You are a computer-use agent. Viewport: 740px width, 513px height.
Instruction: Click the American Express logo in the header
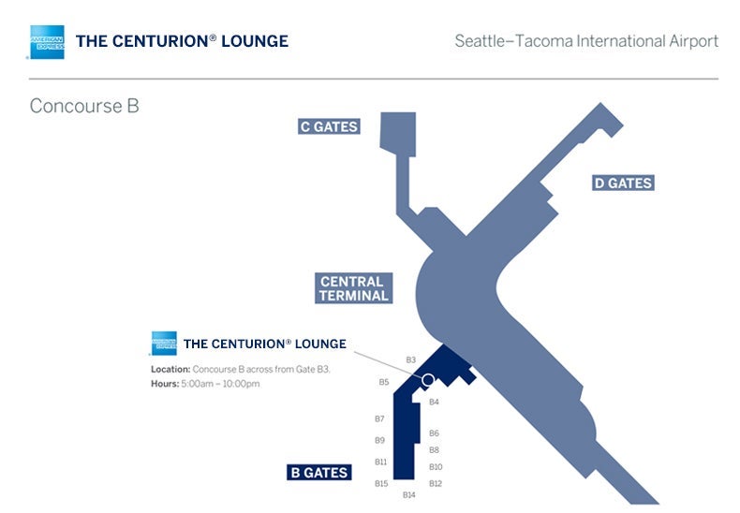[47, 42]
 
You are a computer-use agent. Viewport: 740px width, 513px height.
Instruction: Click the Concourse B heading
[84, 106]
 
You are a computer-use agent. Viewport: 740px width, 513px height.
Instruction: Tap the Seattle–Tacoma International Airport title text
[586, 41]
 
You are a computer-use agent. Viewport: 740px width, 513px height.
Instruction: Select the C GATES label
[329, 126]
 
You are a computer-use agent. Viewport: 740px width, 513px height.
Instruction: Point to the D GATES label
[622, 183]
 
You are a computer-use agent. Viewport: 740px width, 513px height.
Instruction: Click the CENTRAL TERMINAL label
[353, 288]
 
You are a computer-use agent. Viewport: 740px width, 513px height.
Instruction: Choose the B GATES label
[318, 473]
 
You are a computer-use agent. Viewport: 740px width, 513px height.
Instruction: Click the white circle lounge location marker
[428, 380]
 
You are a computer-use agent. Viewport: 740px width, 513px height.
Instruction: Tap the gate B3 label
[410, 359]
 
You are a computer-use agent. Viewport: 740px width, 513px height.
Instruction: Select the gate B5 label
[383, 382]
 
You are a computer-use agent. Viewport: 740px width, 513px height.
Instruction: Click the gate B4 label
[434, 402]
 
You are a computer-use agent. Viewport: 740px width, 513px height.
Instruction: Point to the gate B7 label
[379, 418]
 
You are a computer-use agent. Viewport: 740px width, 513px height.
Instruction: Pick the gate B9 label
[379, 440]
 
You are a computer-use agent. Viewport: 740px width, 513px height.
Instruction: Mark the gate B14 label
[408, 494]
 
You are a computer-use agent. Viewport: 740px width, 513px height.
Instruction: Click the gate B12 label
[435, 483]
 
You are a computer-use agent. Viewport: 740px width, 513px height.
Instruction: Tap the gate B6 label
[434, 433]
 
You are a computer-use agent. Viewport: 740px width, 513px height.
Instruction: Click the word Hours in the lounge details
[164, 384]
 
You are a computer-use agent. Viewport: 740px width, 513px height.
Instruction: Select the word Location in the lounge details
[170, 370]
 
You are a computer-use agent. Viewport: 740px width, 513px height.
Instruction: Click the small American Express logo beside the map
[163, 344]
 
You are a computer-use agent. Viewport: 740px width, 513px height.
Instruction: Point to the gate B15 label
[380, 483]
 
